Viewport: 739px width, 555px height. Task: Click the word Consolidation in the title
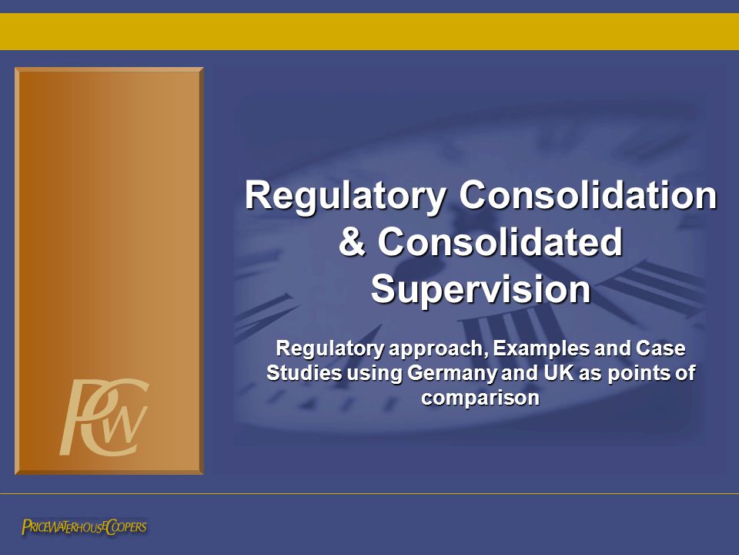[x=587, y=194]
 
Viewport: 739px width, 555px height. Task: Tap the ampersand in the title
[x=352, y=241]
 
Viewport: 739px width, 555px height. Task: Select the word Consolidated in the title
[x=500, y=241]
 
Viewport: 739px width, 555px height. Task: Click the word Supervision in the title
[x=480, y=289]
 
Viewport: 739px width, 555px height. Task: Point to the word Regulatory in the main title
[x=346, y=196]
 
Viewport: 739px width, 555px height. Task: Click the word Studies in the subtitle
[x=304, y=373]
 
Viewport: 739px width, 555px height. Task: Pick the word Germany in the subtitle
[x=452, y=374]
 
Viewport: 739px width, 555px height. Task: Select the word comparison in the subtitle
[x=480, y=398]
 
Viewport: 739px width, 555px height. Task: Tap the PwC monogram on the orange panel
[x=104, y=417]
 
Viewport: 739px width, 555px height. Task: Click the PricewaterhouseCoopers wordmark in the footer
[x=84, y=526]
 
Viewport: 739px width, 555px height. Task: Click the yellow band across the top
[x=369, y=31]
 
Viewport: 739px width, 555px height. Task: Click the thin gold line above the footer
[x=369, y=493]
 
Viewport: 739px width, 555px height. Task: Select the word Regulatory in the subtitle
[x=329, y=349]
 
